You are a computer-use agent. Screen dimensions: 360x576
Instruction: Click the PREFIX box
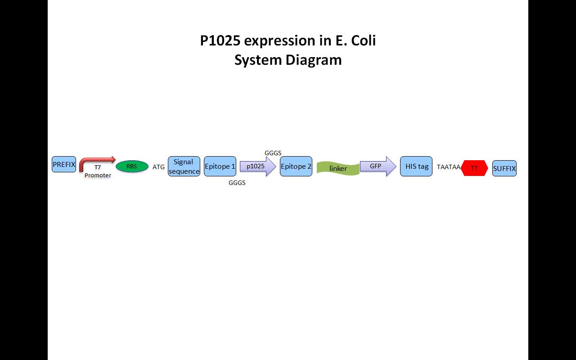[64, 164]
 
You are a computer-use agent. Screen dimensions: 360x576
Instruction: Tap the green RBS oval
[132, 166]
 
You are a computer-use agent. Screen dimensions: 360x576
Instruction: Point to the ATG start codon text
[158, 167]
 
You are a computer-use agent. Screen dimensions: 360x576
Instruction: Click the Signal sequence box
[184, 166]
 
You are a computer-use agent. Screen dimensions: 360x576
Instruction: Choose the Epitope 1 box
[220, 166]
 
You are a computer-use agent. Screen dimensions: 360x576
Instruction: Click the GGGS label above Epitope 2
[273, 153]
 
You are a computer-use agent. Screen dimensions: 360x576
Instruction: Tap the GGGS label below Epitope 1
[237, 183]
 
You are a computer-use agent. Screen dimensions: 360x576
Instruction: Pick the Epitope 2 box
[296, 166]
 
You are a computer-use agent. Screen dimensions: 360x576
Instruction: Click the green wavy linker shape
[338, 168]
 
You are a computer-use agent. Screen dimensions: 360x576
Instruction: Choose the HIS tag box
[416, 166]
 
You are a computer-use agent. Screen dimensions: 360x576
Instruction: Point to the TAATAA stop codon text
[448, 167]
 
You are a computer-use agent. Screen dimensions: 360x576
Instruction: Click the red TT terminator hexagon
[475, 168]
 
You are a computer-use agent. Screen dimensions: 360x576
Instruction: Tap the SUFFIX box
[504, 168]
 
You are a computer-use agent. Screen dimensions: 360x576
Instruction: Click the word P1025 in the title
[220, 40]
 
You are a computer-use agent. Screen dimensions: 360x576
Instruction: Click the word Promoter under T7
[98, 175]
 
